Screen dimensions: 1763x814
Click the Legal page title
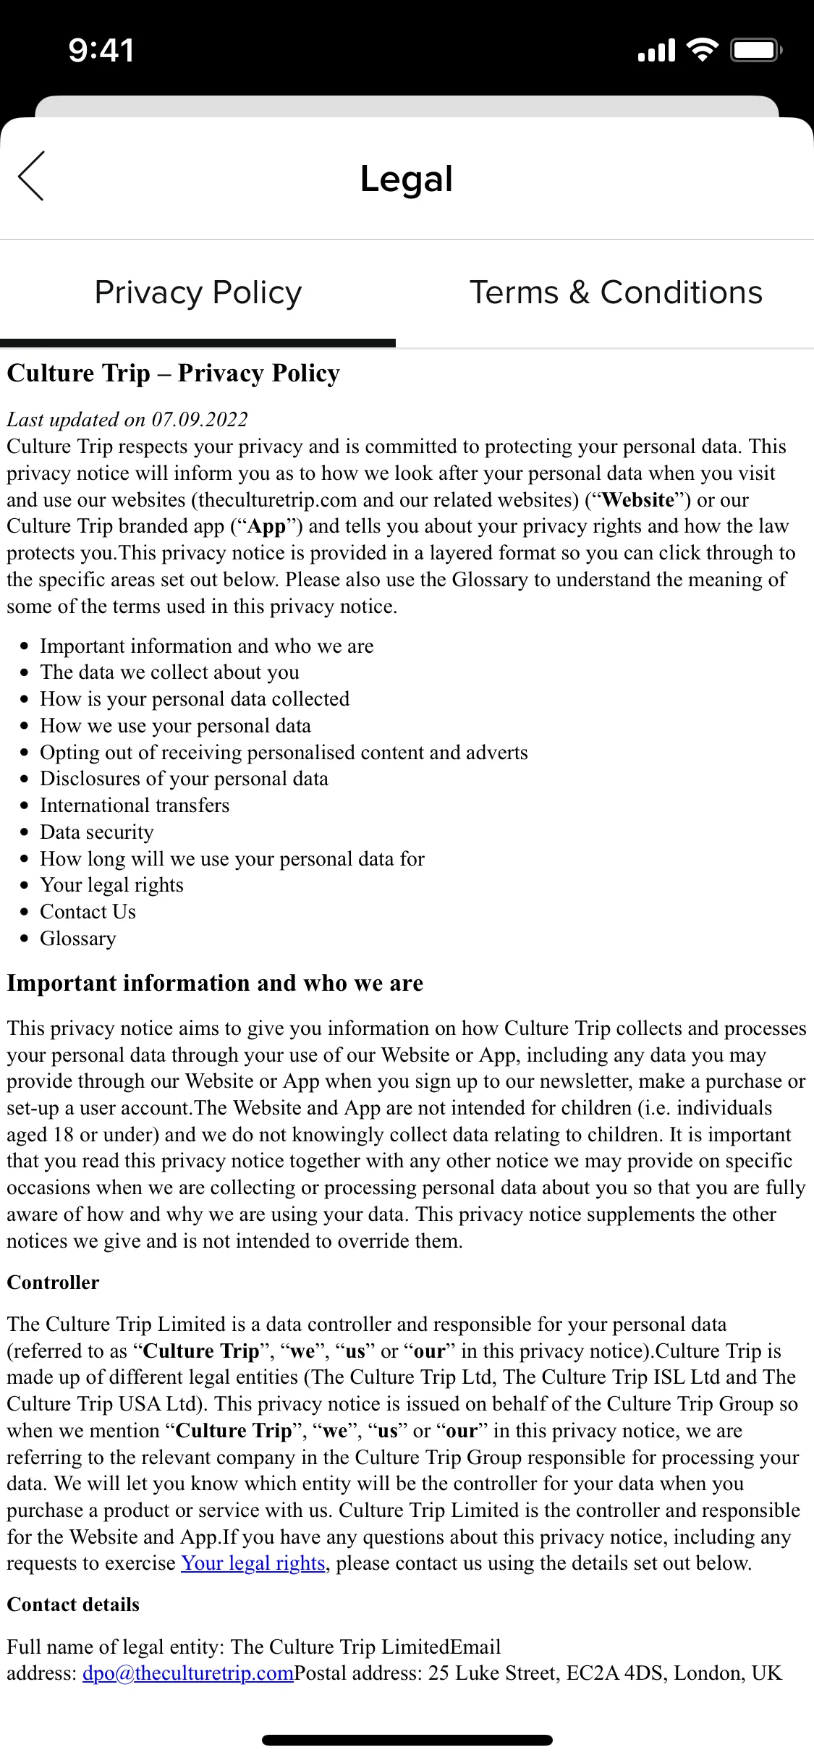tap(407, 179)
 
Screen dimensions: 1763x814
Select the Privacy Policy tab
tap(198, 293)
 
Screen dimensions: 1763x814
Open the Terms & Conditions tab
tap(616, 293)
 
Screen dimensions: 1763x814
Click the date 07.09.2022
tap(200, 420)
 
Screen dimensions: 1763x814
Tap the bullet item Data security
tap(96, 832)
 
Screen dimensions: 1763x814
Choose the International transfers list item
tap(134, 806)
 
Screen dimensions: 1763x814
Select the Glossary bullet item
tap(77, 939)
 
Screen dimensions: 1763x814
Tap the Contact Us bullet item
tap(88, 912)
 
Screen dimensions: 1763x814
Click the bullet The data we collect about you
tap(169, 672)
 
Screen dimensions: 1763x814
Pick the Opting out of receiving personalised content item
tap(284, 753)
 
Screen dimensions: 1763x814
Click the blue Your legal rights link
tap(253, 1563)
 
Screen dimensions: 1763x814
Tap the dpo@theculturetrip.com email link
tap(188, 1673)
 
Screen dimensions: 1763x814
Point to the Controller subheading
tap(53, 1282)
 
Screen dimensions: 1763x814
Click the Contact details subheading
tap(73, 1605)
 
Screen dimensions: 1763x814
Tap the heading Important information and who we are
tap(215, 984)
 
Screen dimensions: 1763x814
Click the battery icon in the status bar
tap(756, 51)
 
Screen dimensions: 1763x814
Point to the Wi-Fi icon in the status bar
tap(701, 51)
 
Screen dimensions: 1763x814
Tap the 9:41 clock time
tap(101, 51)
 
